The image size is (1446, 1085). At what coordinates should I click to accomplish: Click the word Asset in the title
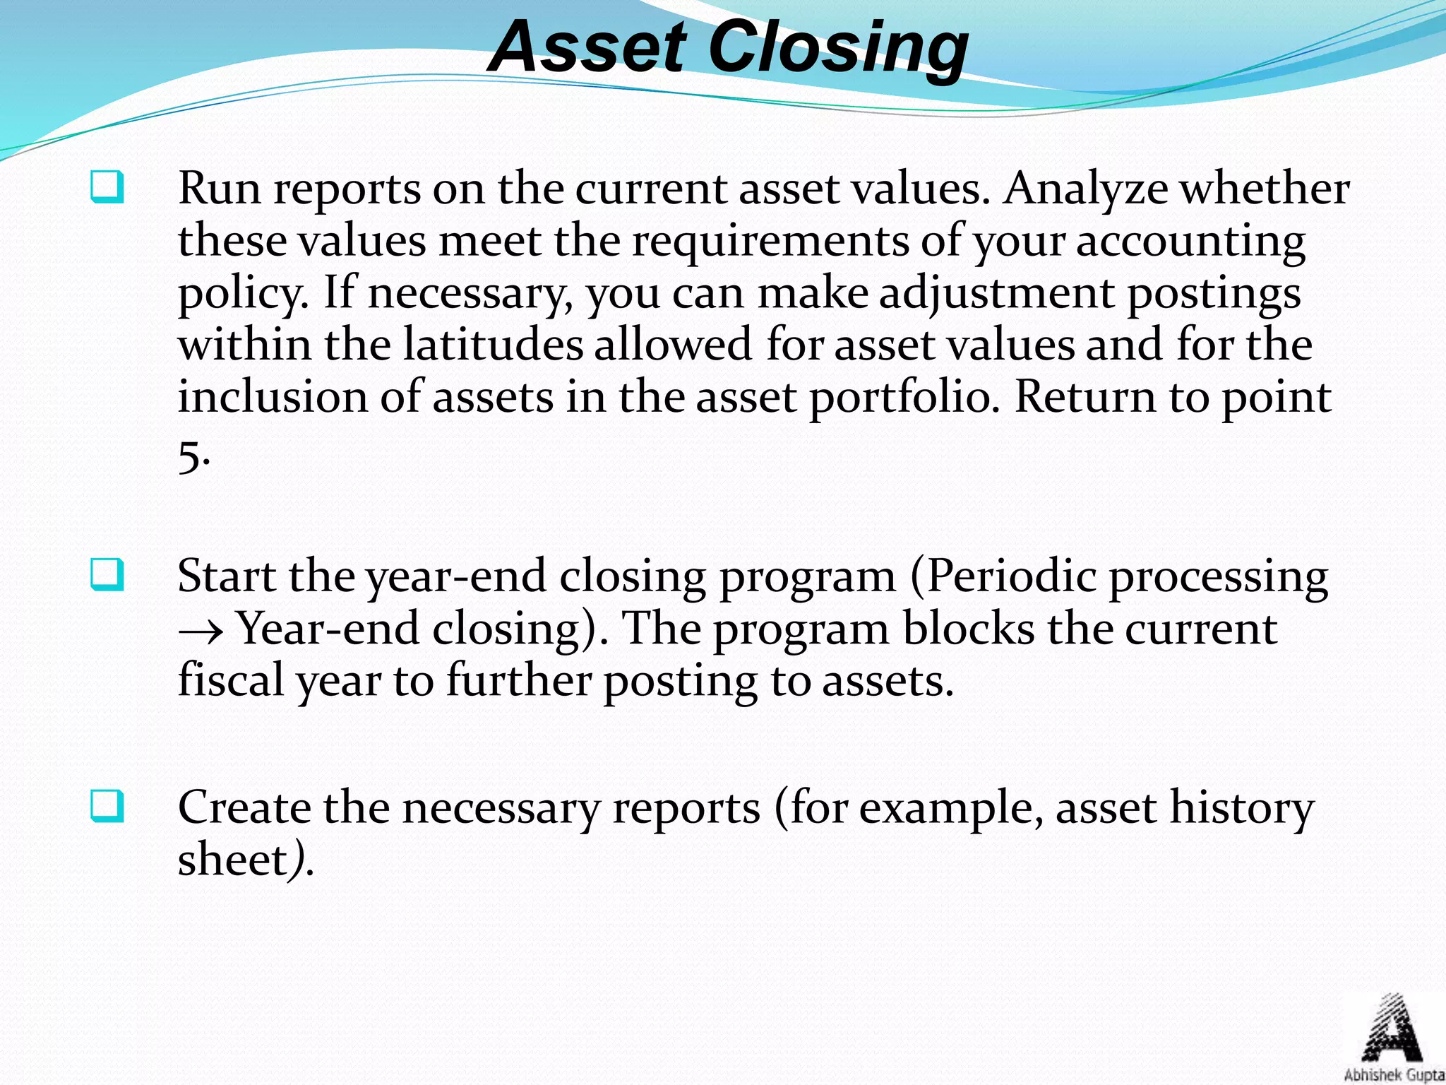click(587, 47)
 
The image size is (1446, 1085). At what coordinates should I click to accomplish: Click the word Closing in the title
click(838, 47)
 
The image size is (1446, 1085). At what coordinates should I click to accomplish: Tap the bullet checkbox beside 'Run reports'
click(107, 187)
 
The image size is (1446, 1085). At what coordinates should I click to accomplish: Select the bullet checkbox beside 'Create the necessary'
click(107, 807)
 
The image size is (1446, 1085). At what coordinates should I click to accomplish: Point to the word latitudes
click(493, 345)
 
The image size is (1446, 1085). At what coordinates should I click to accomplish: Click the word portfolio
click(904, 397)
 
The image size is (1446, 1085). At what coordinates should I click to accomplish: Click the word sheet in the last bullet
click(232, 860)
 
